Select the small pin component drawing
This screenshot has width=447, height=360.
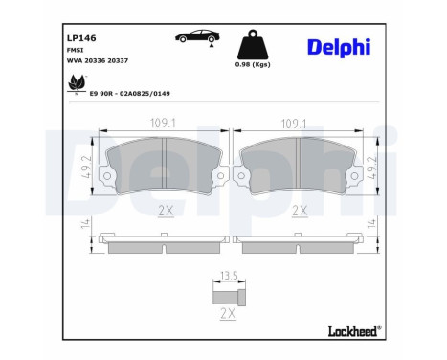pyautogui.click(x=229, y=293)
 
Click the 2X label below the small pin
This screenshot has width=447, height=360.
pyautogui.click(x=230, y=313)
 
